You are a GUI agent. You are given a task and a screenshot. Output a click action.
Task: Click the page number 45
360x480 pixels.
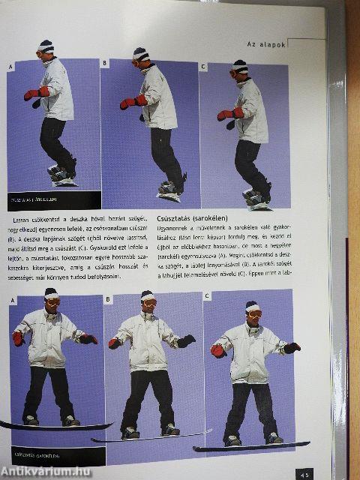(x=304, y=473)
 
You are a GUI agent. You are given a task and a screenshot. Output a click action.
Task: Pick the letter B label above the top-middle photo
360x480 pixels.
(x=104, y=63)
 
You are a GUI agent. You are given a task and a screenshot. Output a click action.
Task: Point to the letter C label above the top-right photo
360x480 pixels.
(x=203, y=66)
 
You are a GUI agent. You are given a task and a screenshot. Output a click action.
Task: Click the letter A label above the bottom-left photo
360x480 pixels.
(x=13, y=301)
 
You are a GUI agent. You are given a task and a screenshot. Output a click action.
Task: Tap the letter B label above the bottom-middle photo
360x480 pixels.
(x=109, y=299)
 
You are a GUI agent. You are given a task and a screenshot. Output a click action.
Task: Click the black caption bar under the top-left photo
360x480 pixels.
(x=52, y=199)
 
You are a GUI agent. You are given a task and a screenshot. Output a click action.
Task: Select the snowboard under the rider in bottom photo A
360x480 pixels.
(x=52, y=427)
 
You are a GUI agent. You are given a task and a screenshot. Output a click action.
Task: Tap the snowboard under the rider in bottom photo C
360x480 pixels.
(x=251, y=446)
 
